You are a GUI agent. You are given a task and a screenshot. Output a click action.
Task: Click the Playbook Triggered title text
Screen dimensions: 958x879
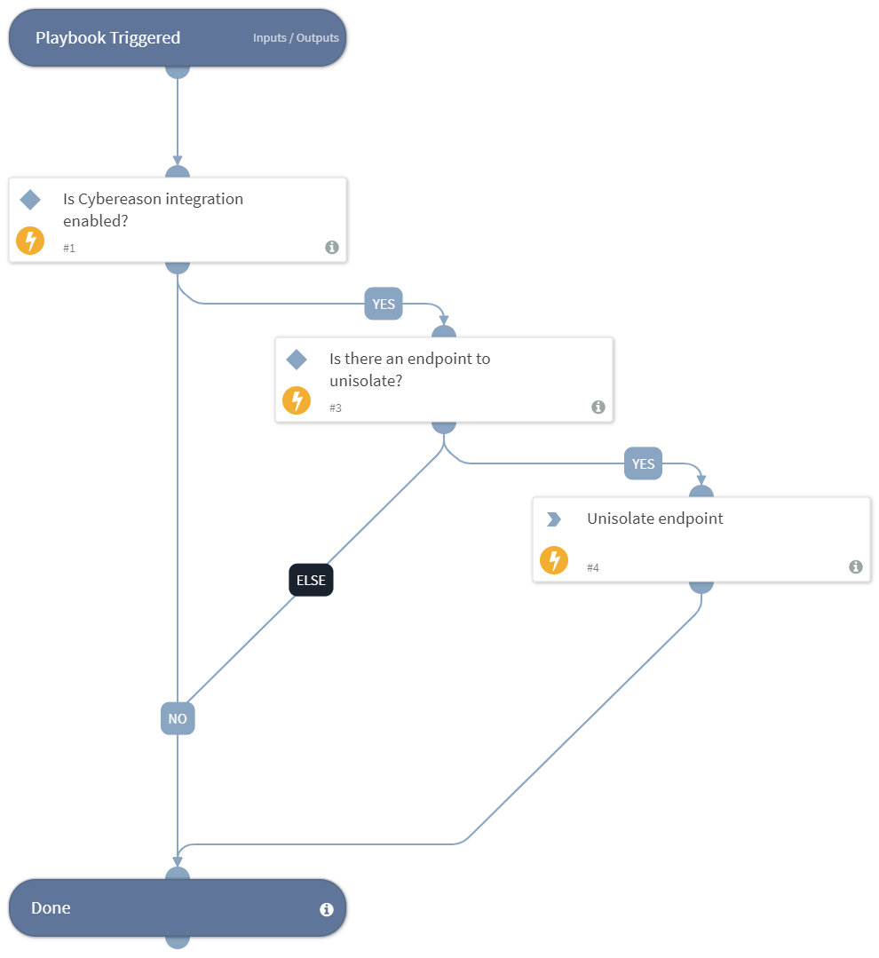pyautogui.click(x=107, y=38)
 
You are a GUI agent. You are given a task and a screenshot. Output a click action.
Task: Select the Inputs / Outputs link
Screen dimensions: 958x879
pyautogui.click(x=296, y=38)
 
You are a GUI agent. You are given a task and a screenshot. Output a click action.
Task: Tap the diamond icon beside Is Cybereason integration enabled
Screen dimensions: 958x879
pyautogui.click(x=30, y=200)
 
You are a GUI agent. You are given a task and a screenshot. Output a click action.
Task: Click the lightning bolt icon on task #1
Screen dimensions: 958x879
pyautogui.click(x=30, y=241)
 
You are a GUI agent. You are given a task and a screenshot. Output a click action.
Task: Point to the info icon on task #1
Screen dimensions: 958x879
pyautogui.click(x=332, y=248)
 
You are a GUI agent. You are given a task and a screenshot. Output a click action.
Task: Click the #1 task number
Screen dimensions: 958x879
pyautogui.click(x=69, y=249)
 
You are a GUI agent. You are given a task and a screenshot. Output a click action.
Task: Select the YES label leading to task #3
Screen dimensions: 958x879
pyautogui.click(x=384, y=304)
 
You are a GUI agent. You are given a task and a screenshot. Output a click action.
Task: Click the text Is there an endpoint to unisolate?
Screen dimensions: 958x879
pyautogui.click(x=409, y=369)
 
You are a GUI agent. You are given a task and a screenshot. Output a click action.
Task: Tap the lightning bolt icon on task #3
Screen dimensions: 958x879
pyautogui.click(x=297, y=400)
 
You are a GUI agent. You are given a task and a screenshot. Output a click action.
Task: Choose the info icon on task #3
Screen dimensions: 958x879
pyautogui.click(x=598, y=408)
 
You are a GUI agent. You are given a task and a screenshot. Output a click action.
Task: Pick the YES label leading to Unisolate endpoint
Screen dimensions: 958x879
pyautogui.click(x=643, y=463)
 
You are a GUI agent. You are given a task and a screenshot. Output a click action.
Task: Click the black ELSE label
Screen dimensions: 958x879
pyautogui.click(x=311, y=581)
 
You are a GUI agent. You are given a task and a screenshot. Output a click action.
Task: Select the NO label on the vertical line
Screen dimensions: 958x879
pyautogui.click(x=178, y=718)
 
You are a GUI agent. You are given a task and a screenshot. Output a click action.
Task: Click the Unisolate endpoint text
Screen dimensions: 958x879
pyautogui.click(x=654, y=519)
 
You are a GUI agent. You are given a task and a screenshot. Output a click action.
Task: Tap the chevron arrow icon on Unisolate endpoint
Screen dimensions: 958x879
pyautogui.click(x=554, y=519)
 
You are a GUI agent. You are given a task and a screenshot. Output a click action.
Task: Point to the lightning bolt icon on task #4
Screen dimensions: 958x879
pyautogui.click(x=554, y=560)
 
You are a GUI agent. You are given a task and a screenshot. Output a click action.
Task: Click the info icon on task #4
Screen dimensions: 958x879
pyautogui.click(x=856, y=567)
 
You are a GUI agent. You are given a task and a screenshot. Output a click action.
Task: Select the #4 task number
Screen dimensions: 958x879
pyautogui.click(x=593, y=568)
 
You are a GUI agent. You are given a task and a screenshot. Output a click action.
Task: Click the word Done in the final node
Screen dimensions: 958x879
pyautogui.click(x=51, y=908)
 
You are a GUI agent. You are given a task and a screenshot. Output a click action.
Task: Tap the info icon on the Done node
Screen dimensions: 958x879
pyautogui.click(x=327, y=909)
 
